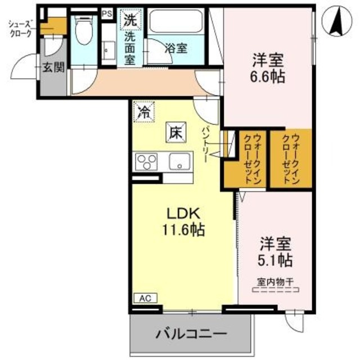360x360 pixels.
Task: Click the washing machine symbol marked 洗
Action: point(130,19)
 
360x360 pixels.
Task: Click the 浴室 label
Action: point(175,48)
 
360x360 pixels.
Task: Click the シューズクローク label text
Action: point(21,28)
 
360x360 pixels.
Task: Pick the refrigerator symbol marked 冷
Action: point(144,111)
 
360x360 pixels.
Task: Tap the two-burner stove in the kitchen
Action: point(147,161)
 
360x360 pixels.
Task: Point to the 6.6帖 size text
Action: point(267,76)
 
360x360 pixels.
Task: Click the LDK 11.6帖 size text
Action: point(182,229)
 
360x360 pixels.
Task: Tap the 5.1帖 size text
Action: point(275,260)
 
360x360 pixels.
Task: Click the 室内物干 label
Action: point(276,282)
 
